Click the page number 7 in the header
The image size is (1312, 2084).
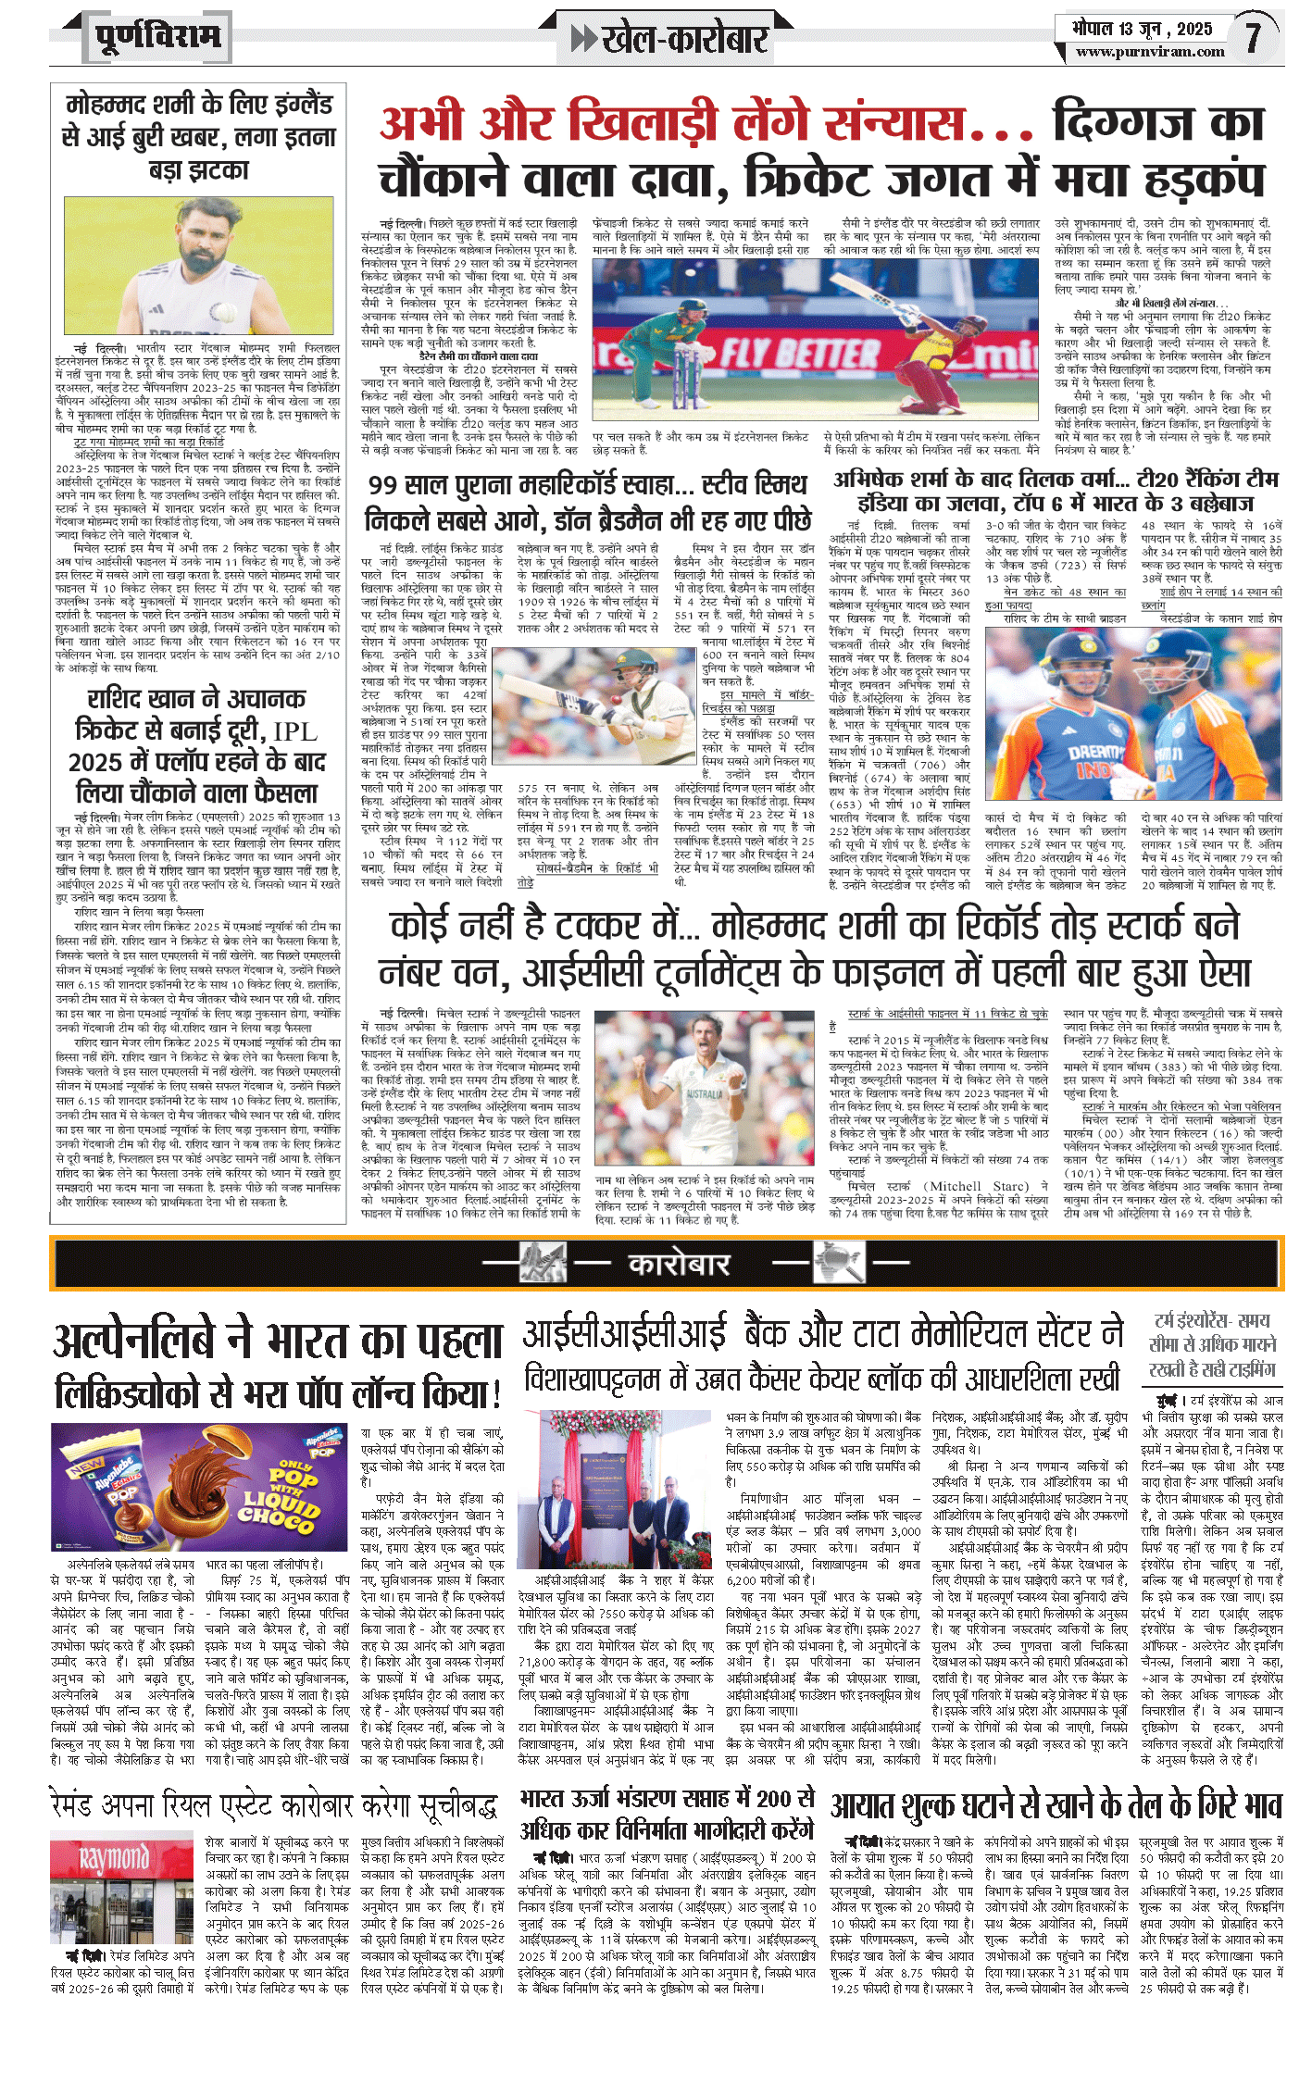(x=1253, y=37)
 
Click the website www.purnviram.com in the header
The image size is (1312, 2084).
(x=1150, y=52)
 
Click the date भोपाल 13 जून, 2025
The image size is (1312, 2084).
(x=1142, y=28)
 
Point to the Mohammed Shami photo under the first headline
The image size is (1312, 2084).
(x=198, y=268)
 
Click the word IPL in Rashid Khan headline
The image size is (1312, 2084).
(x=295, y=731)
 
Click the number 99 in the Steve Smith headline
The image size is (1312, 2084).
(x=383, y=485)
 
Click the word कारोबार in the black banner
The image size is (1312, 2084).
(x=679, y=1263)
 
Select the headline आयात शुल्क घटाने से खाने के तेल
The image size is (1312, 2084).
(x=1056, y=1804)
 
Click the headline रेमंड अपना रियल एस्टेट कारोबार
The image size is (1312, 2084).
(x=274, y=1806)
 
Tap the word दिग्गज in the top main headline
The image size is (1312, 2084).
(x=1157, y=123)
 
